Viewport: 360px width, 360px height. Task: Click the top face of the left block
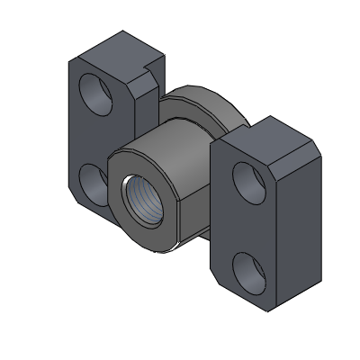pyautogui.click(x=112, y=47)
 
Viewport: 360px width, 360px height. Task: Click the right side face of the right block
pyautogui.click(x=301, y=216)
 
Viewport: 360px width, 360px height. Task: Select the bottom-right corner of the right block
pyautogui.click(x=270, y=310)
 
